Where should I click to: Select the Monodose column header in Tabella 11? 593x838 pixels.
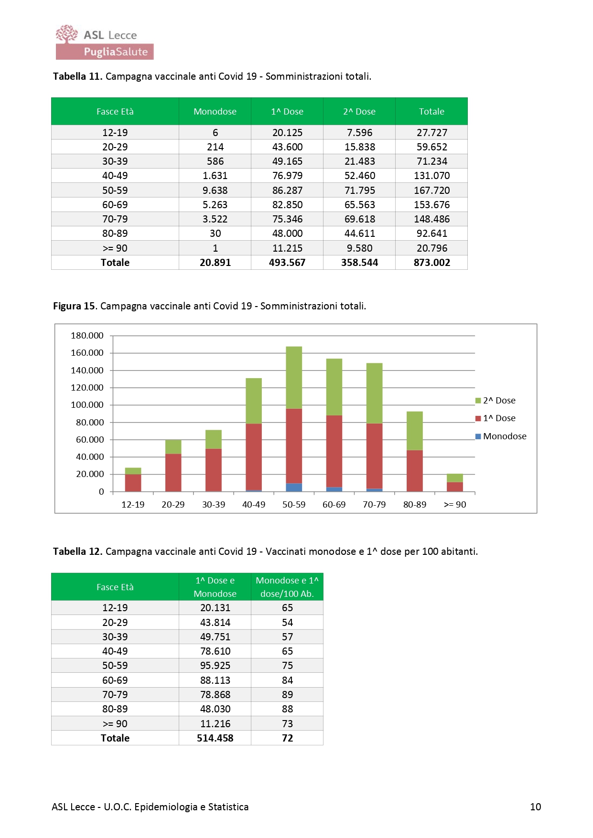215,112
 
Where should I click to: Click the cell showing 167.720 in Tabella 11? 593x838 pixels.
431,191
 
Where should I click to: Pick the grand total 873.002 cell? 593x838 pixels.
431,263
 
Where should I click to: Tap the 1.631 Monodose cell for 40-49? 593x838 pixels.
215,176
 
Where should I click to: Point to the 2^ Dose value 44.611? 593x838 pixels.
359,233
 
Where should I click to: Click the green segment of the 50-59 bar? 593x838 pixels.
294,377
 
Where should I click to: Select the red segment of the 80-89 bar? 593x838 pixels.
414,470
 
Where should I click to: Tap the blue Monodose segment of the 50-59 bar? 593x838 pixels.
294,488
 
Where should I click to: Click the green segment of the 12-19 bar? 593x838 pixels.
133,471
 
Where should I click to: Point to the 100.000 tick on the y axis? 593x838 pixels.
87,405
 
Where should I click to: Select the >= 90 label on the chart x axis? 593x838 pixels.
455,505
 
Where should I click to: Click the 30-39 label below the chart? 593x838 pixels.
214,505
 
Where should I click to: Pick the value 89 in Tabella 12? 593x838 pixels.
287,695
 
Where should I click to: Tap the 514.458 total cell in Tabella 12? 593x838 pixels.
215,738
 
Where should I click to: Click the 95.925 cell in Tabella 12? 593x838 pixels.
215,666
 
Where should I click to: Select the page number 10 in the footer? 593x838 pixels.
535,807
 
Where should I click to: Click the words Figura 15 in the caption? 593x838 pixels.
75,306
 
